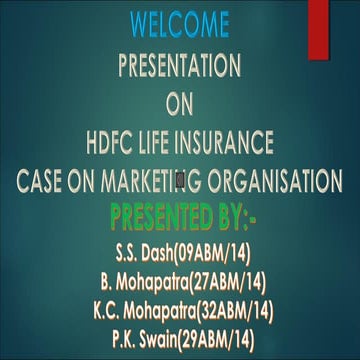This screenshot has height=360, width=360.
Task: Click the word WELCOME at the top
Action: [x=179, y=21]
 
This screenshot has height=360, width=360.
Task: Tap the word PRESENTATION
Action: [x=179, y=66]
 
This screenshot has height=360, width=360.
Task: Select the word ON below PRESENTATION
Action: [x=179, y=104]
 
